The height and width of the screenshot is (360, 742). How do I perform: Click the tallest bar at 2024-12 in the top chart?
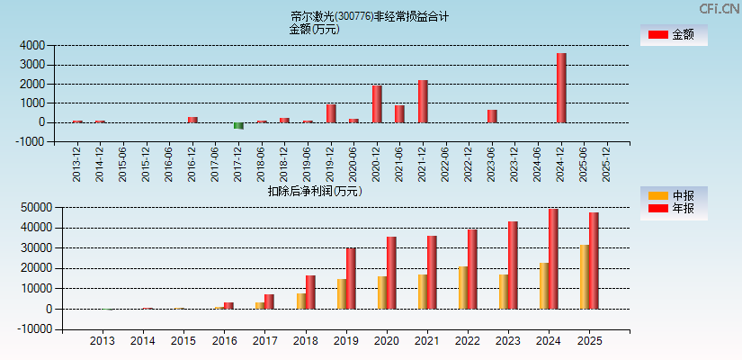coord(561,87)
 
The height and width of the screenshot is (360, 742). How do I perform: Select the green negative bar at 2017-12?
coord(238,126)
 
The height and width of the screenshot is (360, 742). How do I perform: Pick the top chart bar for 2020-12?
coord(377,103)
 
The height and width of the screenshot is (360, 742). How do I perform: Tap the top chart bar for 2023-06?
coord(492,116)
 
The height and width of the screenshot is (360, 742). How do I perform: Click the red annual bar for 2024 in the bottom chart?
coord(553,259)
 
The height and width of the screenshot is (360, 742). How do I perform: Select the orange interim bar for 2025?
coord(585,276)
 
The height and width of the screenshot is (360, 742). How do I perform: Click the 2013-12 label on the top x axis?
coord(77,164)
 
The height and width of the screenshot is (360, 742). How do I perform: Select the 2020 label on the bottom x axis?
coord(387,341)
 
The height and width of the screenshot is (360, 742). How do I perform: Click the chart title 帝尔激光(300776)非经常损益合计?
coord(370,16)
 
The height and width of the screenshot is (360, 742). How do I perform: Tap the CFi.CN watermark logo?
coord(719,9)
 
